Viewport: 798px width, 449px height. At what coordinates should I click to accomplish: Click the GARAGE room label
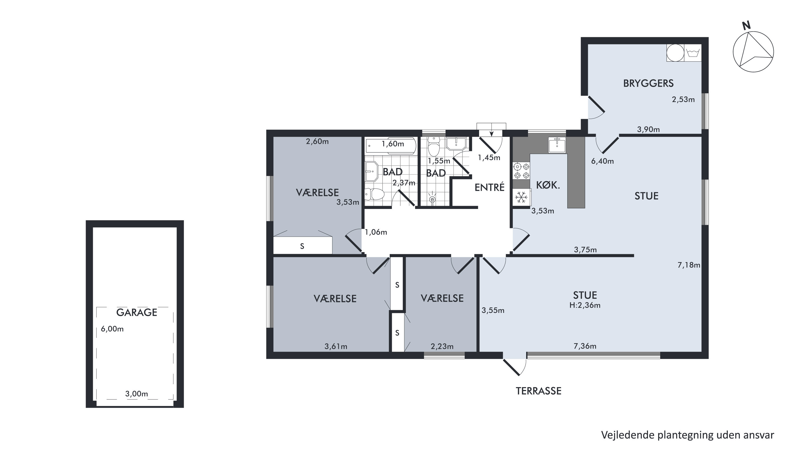pos(137,312)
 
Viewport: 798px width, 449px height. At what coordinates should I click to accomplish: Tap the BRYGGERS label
pos(649,83)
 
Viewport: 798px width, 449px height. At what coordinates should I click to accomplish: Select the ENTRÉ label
pos(489,187)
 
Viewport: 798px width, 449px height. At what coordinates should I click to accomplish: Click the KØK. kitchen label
pos(548,185)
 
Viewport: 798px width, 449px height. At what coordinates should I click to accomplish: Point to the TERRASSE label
pos(538,391)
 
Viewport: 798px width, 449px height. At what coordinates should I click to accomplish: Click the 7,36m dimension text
pos(585,346)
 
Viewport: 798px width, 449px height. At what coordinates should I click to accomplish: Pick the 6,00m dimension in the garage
pos(112,329)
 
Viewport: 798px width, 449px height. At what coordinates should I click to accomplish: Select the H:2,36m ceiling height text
pos(585,305)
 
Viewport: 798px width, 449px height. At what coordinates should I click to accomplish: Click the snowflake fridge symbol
pos(521,197)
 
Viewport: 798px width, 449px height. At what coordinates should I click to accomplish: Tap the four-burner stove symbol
pos(521,171)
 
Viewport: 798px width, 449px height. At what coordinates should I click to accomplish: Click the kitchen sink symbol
pos(557,145)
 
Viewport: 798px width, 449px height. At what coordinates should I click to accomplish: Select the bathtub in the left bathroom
pos(391,146)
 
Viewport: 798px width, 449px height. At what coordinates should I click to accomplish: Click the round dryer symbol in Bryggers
pos(675,53)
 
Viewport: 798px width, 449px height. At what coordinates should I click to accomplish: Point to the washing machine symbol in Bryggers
pos(693,53)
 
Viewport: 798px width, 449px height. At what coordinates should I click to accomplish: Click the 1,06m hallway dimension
pos(376,232)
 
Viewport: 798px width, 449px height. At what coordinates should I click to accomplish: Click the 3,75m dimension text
pos(585,250)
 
